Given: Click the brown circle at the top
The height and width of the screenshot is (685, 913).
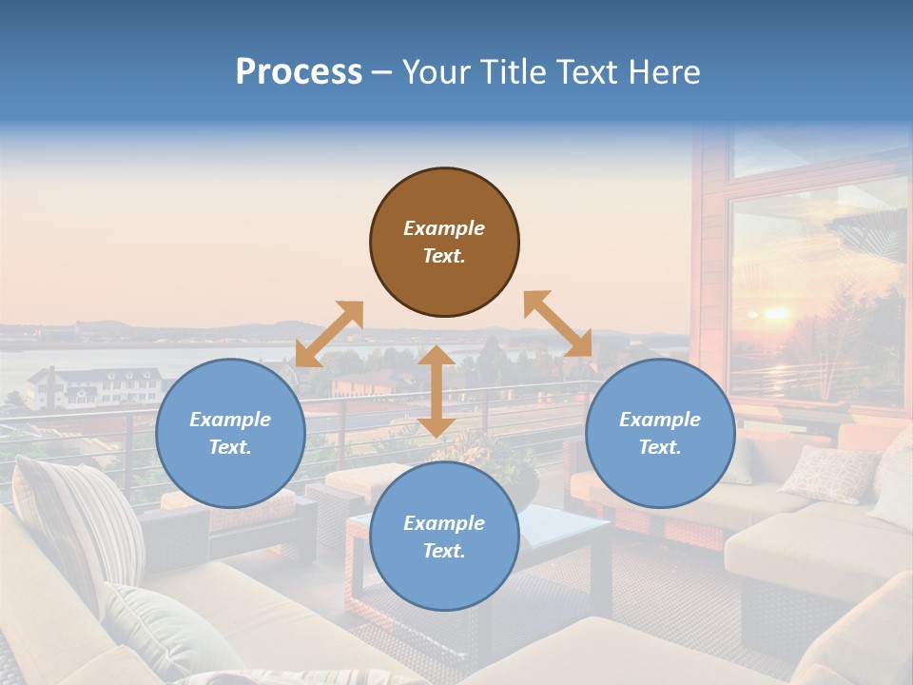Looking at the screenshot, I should tap(444, 242).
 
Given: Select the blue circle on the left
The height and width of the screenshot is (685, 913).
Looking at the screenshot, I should tap(230, 433).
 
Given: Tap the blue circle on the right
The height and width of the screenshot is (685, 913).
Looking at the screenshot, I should tap(660, 433).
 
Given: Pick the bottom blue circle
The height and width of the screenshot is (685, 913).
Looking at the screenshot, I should tap(444, 537).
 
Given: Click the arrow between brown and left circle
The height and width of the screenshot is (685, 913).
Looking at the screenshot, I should tap(329, 334).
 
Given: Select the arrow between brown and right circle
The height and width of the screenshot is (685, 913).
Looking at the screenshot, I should tap(557, 323).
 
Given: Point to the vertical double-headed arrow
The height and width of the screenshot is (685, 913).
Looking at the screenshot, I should tap(437, 391).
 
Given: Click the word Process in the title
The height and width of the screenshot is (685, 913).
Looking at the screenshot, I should tap(299, 71).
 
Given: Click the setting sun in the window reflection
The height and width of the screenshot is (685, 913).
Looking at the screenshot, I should tap(775, 313).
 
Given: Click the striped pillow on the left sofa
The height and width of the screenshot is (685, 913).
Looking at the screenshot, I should tap(81, 519).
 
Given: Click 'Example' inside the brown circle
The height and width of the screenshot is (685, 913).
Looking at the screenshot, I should tap(444, 228).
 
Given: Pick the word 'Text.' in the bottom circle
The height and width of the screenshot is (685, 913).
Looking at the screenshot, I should tap(444, 551).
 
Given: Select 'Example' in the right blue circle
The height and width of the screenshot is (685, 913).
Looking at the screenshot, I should tap(660, 420).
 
